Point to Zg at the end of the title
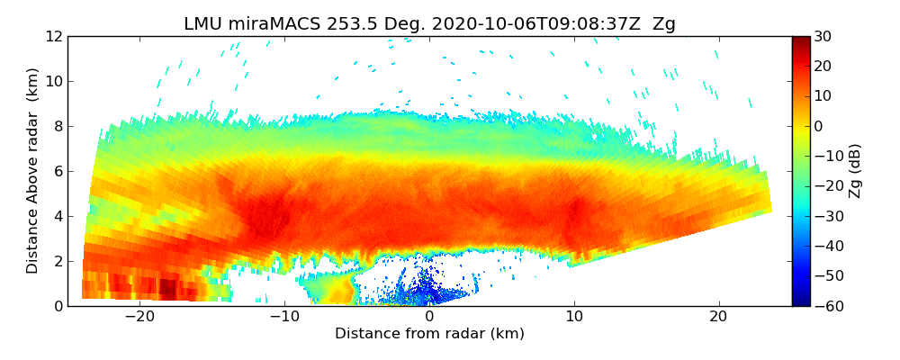pos(663,24)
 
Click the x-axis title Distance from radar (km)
pos(429,334)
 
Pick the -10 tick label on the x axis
pos(284,317)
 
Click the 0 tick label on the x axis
pos(429,317)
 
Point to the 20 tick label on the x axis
pos(718,317)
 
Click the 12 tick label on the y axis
pos(54,37)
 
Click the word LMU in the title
pos(202,24)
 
